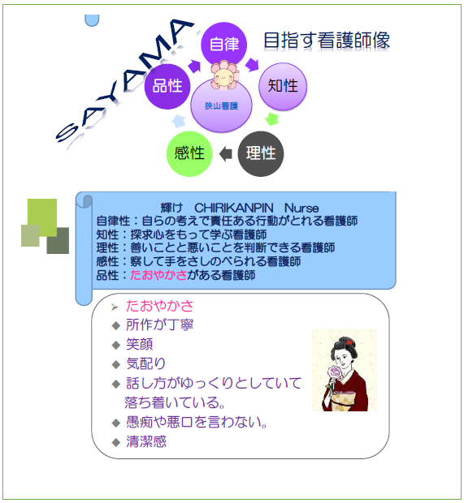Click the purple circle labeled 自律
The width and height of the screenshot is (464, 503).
coord(223,44)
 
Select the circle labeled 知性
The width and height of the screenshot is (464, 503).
coord(283,86)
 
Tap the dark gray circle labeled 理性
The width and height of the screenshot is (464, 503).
coord(261,153)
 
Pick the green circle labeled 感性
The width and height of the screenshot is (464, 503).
coord(189,153)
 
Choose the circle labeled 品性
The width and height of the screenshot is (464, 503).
coord(167,86)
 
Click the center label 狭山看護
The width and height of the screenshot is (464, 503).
coord(221,105)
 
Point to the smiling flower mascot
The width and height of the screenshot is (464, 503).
coord(224,75)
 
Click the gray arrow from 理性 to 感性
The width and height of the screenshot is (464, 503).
coord(226,153)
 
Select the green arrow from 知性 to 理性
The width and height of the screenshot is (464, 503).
coord(272,119)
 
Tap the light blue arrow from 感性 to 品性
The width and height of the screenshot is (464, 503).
coord(178,121)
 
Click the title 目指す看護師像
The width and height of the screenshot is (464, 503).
coord(327,41)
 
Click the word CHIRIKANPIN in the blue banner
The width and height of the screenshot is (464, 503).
coord(233,208)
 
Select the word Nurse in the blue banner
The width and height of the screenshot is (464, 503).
coord(301,208)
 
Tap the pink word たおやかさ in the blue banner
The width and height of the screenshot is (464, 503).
coord(158,275)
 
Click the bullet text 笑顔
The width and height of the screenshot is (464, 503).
coord(139,344)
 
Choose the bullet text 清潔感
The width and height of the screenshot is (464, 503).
coord(146,441)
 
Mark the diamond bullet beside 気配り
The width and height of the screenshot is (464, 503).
coord(115,364)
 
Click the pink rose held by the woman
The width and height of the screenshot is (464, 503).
coord(335,372)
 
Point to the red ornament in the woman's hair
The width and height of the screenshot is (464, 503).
coord(349,342)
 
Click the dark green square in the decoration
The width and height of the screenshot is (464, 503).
coord(58,241)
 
